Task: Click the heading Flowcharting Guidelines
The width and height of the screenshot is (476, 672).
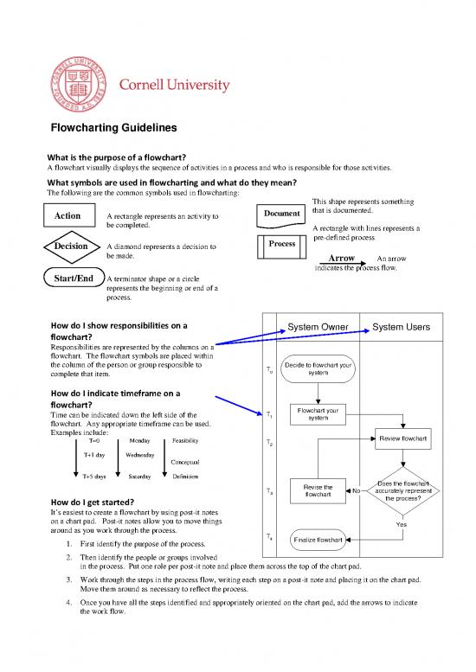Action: pos(113,127)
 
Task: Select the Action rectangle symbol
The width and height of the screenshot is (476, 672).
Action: pos(68,215)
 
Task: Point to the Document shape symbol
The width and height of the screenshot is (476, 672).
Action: pos(280,214)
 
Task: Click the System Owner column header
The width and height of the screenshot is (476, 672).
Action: pos(318,327)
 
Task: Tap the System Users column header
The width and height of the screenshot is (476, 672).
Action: pos(402,327)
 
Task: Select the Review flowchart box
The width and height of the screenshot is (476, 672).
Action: pos(402,439)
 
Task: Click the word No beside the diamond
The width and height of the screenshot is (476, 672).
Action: pos(356,491)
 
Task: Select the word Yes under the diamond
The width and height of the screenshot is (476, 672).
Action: pos(402,524)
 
